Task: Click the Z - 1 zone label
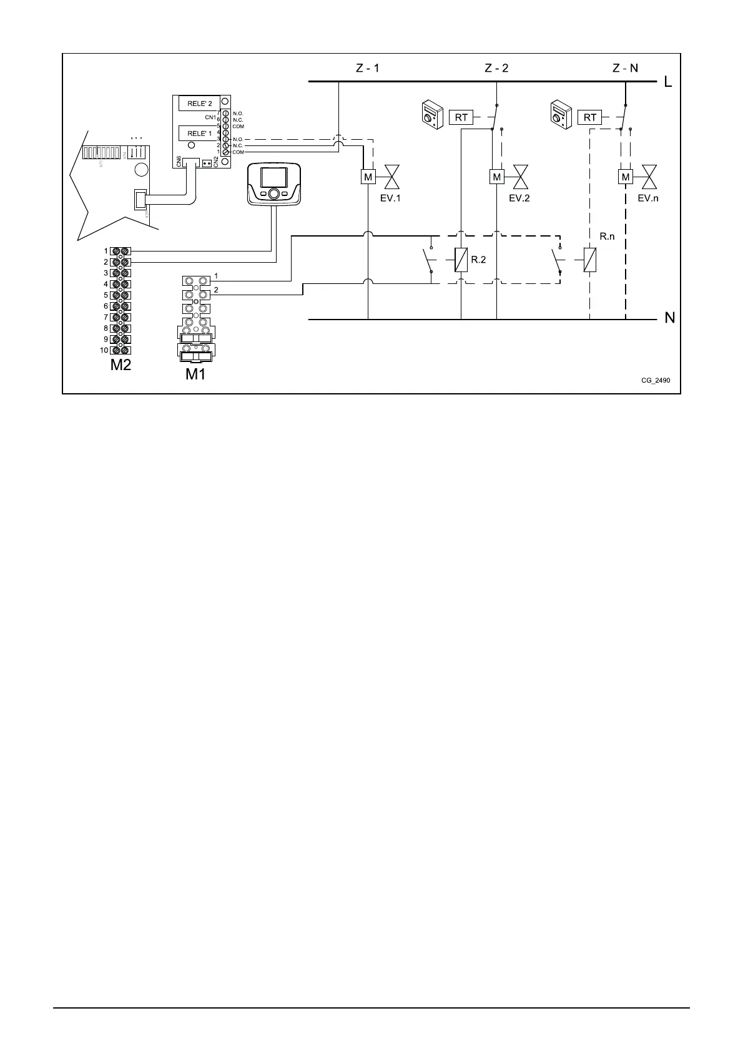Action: (x=367, y=68)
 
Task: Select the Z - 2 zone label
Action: (x=496, y=68)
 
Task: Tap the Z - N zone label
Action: (x=625, y=68)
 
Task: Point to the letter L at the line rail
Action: (x=668, y=82)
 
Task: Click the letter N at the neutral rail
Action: (x=669, y=318)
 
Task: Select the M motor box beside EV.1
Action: (x=368, y=177)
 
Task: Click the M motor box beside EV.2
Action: (x=496, y=177)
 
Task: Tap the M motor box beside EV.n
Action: (x=625, y=177)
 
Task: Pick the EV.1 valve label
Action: (x=390, y=198)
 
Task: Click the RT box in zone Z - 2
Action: (x=461, y=117)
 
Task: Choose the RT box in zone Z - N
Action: (x=589, y=117)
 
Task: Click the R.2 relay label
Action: (x=478, y=260)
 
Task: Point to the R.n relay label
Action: (x=607, y=237)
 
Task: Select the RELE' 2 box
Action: (x=200, y=104)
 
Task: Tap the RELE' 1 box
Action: (x=200, y=134)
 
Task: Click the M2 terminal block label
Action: (x=121, y=365)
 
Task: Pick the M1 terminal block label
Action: (x=195, y=374)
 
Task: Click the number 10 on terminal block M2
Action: (x=104, y=350)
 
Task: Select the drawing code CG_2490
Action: (x=656, y=380)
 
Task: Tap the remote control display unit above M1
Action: (x=274, y=183)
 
